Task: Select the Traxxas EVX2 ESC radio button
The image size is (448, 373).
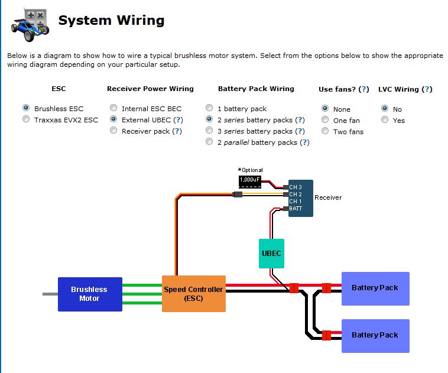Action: click(26, 119)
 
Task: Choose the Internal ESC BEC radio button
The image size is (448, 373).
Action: click(113, 108)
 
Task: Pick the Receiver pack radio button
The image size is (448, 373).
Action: click(113, 130)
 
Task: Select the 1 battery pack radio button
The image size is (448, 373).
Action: click(209, 108)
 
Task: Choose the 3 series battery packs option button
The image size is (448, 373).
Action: click(209, 130)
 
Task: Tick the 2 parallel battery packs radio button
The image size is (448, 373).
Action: click(209, 141)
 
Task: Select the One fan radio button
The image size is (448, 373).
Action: click(325, 119)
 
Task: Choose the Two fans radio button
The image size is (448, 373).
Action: click(325, 131)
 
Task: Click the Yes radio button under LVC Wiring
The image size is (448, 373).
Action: click(385, 119)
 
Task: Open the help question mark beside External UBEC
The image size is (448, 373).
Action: click(178, 120)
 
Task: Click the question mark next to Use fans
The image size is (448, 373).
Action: click(363, 89)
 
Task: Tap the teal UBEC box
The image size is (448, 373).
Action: click(271, 254)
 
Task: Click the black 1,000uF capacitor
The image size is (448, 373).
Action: click(250, 182)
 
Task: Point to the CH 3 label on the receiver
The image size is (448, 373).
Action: click(296, 187)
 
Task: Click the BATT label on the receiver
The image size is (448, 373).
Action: click(296, 209)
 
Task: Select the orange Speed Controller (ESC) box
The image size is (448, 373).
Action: click(194, 294)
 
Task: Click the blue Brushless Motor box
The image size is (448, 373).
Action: click(90, 294)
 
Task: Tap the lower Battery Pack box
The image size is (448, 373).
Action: click(375, 336)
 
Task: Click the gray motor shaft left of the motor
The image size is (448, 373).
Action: click(50, 294)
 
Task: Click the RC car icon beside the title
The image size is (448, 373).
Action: click(30, 25)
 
